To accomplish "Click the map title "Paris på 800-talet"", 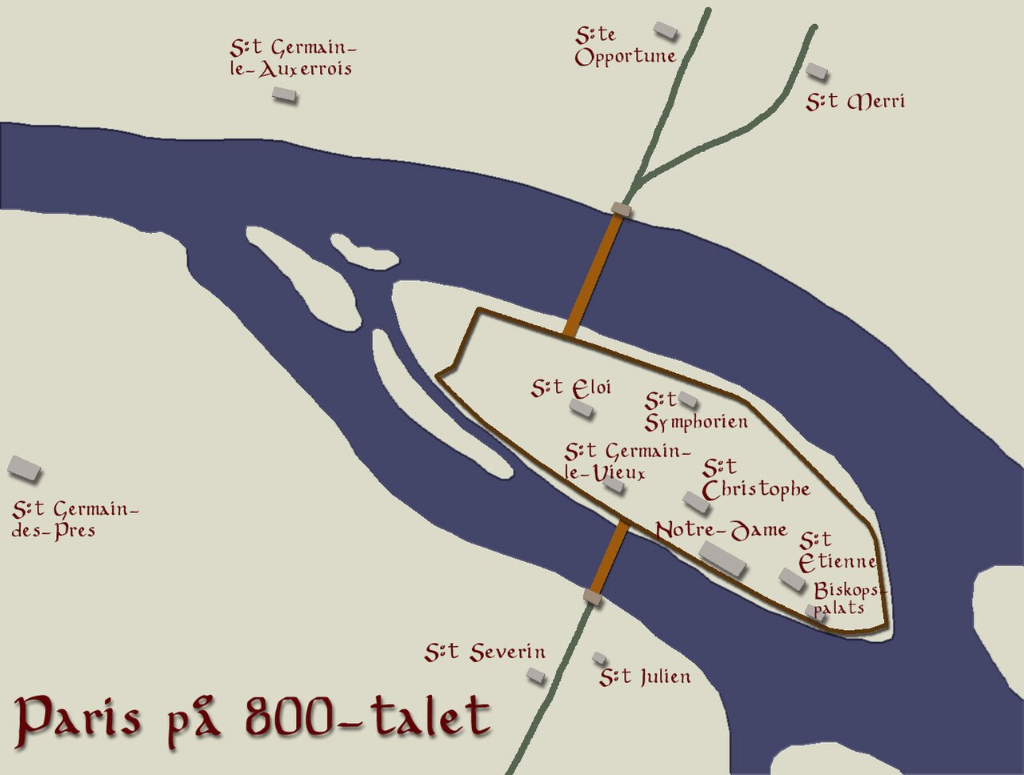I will tap(253, 716).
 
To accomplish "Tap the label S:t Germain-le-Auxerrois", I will tap(291, 58).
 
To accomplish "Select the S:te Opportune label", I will tap(625, 46).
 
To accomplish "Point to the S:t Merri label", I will tap(855, 102).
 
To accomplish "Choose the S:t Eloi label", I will tap(571, 388).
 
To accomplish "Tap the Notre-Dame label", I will tap(721, 531).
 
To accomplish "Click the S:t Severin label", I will tap(485, 653).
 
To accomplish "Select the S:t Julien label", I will tap(645, 677).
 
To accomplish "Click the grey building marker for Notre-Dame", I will tap(722, 558).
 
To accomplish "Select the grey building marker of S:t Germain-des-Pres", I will tap(24, 468).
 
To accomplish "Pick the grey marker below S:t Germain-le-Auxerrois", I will tap(284, 95).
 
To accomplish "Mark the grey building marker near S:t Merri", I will tap(816, 71).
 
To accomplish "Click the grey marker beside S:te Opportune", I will tap(665, 30).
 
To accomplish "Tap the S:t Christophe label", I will tap(755, 479).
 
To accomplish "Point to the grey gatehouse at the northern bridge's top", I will tap(621, 210).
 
